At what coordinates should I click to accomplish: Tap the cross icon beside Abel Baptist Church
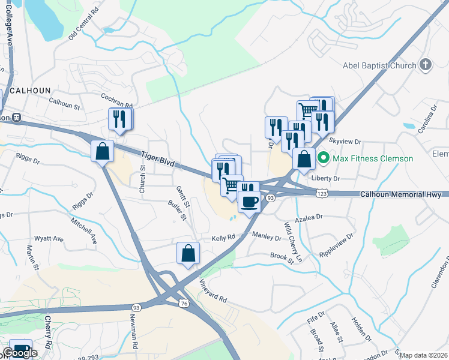(426, 65)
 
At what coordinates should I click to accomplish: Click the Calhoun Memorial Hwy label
(400, 194)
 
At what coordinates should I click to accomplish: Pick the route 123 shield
(322, 193)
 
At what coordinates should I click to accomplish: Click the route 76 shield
(182, 304)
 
